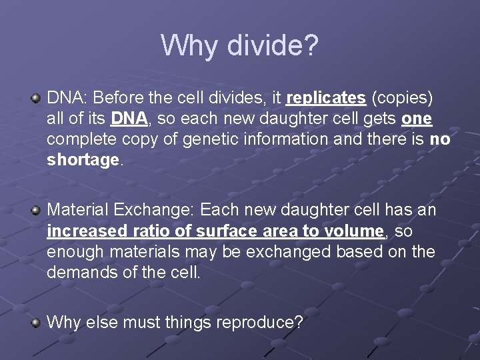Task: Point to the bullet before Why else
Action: pos(37,323)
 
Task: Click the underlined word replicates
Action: pos(325,99)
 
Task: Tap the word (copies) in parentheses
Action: pos(402,99)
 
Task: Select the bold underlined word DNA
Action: pos(129,119)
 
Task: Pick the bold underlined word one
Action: pos(417,119)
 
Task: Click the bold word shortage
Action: pos(83,161)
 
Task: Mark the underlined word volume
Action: pos(355,231)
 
